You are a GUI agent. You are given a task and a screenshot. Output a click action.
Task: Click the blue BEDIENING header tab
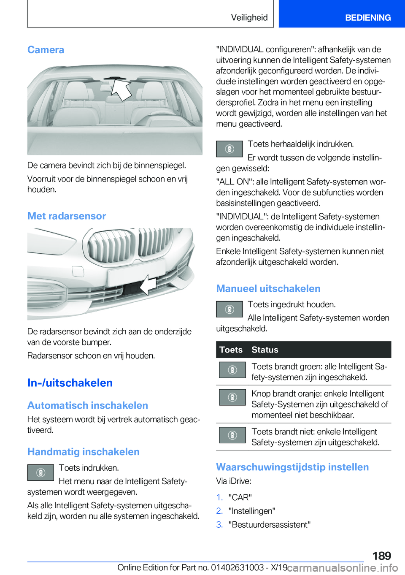click(367, 18)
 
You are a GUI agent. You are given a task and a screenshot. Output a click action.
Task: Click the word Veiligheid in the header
click(249, 18)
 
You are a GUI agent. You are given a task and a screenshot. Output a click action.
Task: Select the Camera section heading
click(46, 50)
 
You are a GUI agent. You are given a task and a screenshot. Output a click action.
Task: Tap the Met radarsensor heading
click(67, 216)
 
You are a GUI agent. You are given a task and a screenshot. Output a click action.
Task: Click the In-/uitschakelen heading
click(70, 383)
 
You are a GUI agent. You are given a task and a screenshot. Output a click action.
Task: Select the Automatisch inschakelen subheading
click(88, 405)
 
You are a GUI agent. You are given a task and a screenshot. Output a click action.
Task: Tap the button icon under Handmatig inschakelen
click(40, 472)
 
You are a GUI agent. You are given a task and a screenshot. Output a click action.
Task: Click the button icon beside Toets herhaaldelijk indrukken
click(229, 149)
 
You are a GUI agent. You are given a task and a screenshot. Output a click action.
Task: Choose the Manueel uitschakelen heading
click(268, 289)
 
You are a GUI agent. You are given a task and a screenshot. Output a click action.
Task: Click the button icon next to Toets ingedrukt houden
click(229, 309)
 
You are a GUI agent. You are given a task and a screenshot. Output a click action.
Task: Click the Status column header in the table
click(265, 350)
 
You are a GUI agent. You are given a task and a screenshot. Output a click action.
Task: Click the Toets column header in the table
click(231, 350)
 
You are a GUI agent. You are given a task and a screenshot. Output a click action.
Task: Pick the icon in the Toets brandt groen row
click(232, 370)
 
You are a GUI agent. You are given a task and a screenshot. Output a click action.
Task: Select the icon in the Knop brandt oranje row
click(232, 397)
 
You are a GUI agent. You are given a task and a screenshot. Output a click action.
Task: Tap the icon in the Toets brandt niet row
click(232, 435)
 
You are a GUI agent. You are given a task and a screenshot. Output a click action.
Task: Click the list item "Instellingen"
click(252, 511)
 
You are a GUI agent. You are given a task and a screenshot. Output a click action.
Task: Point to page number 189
click(381, 556)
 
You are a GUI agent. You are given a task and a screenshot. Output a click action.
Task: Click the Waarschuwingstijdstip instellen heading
click(292, 467)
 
